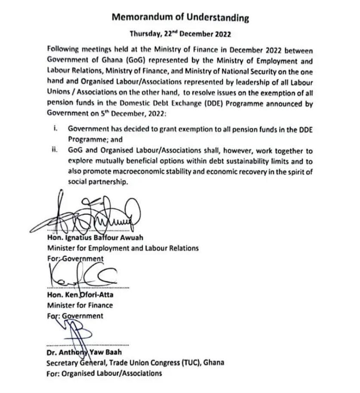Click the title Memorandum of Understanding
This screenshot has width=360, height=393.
(x=180, y=18)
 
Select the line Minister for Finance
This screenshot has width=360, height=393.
(x=80, y=305)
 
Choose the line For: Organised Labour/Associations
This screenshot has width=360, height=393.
(x=104, y=373)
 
